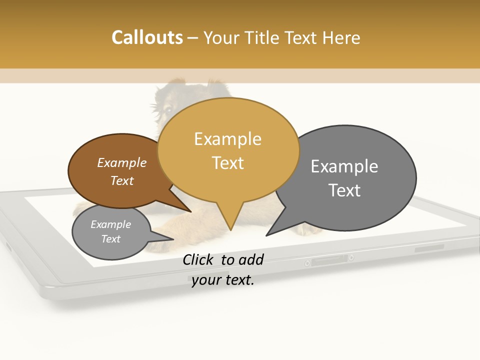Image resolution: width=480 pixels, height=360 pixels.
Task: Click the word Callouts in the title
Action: click(x=147, y=37)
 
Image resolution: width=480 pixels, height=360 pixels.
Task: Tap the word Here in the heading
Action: click(x=341, y=37)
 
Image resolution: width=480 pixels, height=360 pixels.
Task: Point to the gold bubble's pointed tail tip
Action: click(x=230, y=229)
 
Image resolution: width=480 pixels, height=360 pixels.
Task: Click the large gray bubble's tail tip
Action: click(x=267, y=235)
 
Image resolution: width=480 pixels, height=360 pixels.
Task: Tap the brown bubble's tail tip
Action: click(x=190, y=211)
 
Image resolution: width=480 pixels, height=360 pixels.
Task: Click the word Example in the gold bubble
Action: click(x=227, y=139)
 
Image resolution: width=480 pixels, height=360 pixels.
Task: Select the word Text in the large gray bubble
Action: click(x=344, y=190)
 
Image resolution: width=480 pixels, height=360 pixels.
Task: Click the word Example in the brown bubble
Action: click(x=122, y=162)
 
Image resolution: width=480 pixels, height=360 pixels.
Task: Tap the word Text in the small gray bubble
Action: click(x=110, y=239)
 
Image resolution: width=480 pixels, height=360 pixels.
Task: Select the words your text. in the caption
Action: click(x=223, y=280)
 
